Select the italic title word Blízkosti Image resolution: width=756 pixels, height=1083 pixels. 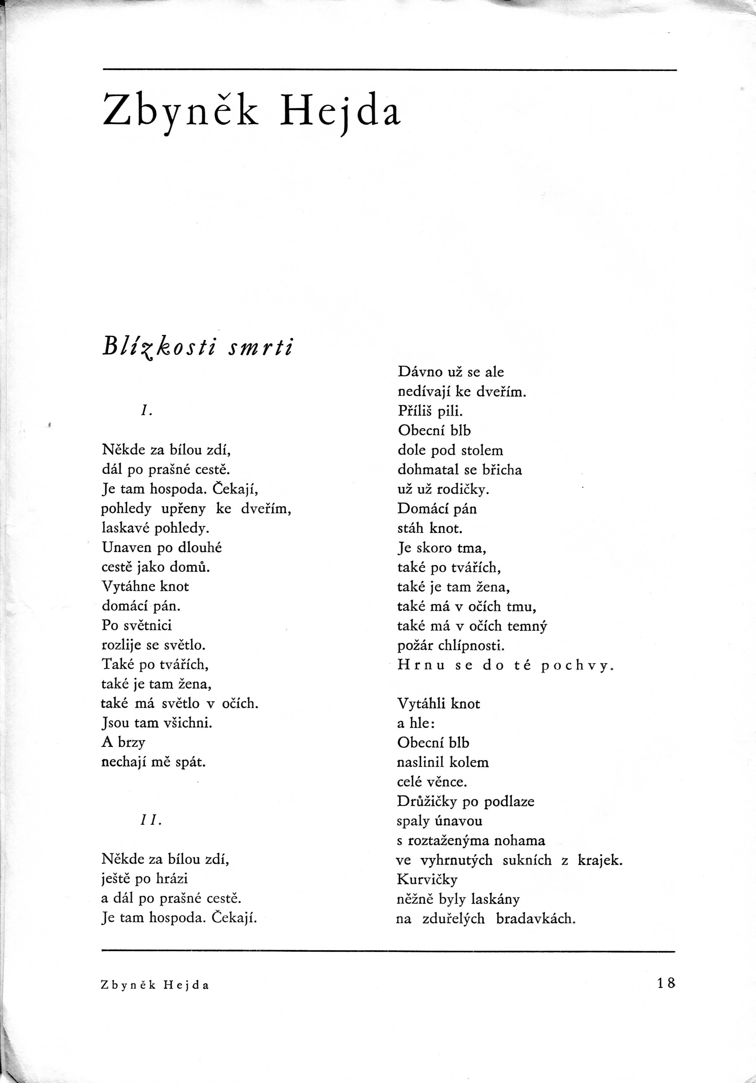tap(159, 348)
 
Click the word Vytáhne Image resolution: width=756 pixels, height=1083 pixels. tap(129, 586)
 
